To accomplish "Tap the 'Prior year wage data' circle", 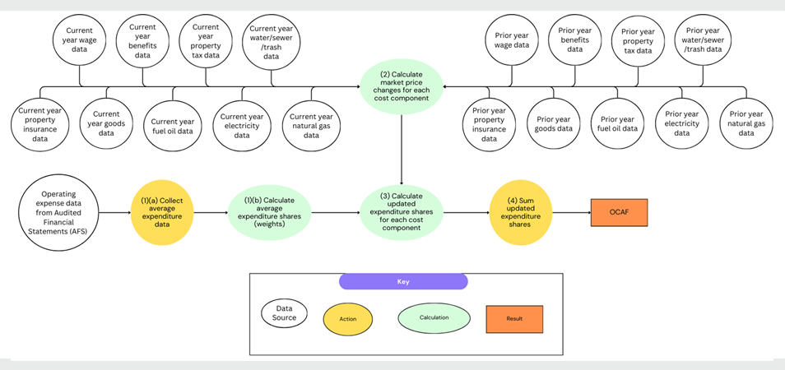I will [510, 40].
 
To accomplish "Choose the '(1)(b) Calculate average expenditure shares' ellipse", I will [269, 211].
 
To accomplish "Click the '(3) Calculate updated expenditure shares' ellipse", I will [402, 211].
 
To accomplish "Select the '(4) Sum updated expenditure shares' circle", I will [521, 211].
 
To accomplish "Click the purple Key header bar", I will [403, 281].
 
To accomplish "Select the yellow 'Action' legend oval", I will [351, 317].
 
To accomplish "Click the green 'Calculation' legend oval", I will [434, 317].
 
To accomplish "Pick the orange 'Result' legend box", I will [515, 317].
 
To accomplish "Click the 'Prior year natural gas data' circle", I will [746, 123].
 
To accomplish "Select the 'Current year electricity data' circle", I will [241, 125].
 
